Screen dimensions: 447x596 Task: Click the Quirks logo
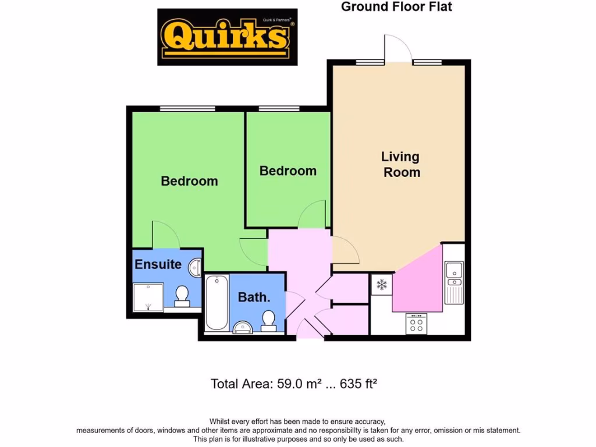click(227, 36)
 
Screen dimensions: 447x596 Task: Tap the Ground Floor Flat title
click(396, 7)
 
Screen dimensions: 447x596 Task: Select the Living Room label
click(400, 164)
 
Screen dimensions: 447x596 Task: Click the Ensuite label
click(158, 264)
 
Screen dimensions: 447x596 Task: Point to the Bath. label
click(254, 297)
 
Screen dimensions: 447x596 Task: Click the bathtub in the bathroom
click(216, 303)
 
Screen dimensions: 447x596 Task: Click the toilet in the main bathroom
click(268, 321)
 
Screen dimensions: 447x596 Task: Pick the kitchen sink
click(453, 282)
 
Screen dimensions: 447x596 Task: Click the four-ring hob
click(416, 324)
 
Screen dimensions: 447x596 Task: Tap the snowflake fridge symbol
click(382, 285)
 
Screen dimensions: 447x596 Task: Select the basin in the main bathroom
click(242, 328)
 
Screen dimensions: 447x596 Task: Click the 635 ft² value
click(359, 384)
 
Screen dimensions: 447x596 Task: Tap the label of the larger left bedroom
click(189, 181)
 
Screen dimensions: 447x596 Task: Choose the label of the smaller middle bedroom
click(288, 171)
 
